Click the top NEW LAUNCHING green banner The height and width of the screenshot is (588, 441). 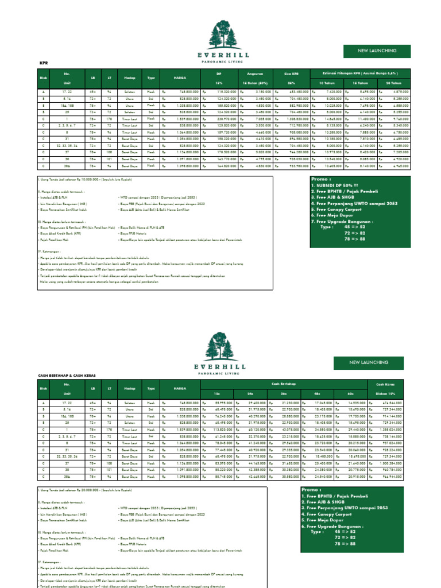click(x=377, y=51)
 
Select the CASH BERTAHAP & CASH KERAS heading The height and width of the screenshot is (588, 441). click(x=67, y=375)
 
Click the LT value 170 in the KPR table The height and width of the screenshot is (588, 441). click(x=109, y=118)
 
